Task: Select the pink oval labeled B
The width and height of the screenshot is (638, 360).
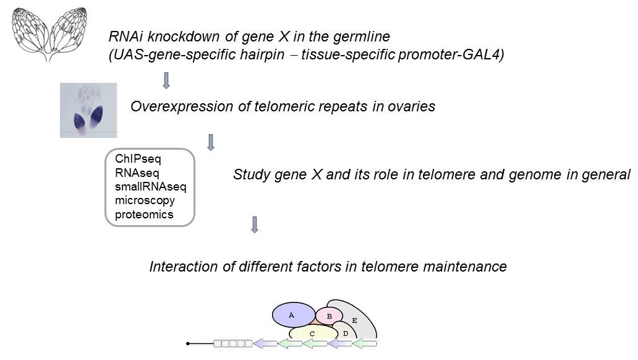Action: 330,317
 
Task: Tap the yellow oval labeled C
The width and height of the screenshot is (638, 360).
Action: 312,334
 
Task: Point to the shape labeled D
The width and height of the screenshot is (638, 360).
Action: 346,333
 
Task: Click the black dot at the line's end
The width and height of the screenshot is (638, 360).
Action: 188,343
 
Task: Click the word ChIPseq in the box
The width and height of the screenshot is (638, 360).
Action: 138,160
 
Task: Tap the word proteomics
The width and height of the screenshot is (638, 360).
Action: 144,215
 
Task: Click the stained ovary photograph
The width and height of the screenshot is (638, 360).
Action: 88,110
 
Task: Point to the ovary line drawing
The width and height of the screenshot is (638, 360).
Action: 49,33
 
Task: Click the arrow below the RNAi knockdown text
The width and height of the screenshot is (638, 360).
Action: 166,80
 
